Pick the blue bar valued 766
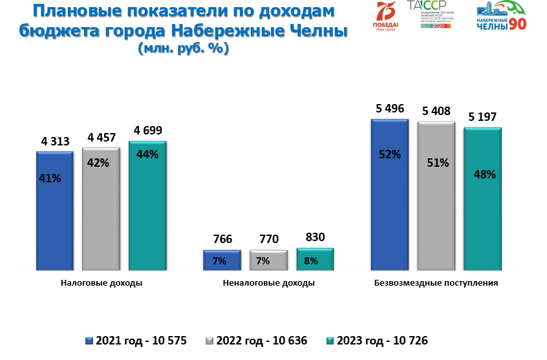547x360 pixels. coord(222,260)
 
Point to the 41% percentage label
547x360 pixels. coord(50,178)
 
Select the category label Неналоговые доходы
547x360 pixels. coord(268,283)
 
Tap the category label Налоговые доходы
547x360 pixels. coord(102,283)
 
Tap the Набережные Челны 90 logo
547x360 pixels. coord(501,17)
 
